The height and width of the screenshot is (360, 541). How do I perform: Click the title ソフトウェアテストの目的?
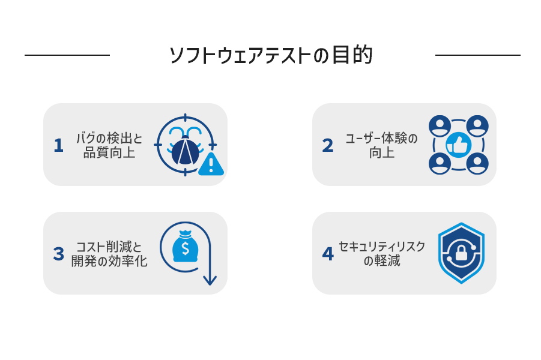tap(271, 55)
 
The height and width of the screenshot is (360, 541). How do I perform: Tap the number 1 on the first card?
tap(59, 145)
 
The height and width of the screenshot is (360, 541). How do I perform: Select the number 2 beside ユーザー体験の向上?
tap(328, 145)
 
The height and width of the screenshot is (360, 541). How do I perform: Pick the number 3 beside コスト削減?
tap(59, 254)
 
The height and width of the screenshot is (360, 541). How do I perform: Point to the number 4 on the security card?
tap(328, 254)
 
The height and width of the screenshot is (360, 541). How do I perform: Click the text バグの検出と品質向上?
tap(109, 145)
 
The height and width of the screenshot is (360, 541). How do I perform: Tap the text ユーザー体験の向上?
tap(382, 145)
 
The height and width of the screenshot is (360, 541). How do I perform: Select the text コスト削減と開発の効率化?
tap(109, 254)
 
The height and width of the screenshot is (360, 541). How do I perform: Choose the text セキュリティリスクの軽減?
tap(382, 253)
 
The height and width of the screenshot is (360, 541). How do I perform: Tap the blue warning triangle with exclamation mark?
tap(211, 164)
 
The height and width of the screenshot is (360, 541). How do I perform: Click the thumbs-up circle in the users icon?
tap(458, 145)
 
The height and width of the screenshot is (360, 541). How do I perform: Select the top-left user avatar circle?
tap(440, 126)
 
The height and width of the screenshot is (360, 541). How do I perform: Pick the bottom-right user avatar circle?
tap(477, 163)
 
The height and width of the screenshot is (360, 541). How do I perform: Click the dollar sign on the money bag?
tap(186, 248)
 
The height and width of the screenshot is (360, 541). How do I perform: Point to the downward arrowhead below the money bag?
tap(210, 280)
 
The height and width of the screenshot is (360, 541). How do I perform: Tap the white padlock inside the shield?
tap(461, 253)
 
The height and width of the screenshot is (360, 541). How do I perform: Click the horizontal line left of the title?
tap(67, 55)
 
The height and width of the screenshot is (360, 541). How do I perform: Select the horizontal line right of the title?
tap(478, 55)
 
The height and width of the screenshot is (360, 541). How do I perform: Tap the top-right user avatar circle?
tap(477, 126)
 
